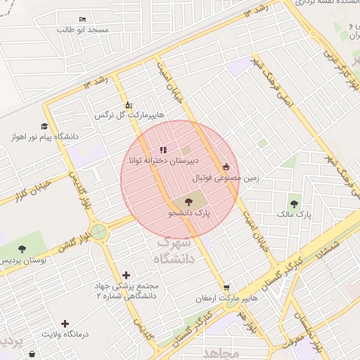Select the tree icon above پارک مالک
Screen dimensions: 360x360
tap(294, 204)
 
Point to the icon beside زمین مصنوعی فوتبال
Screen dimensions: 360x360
tap(226, 167)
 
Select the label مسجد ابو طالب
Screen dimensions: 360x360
tap(84, 30)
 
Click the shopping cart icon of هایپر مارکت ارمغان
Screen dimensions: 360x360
tap(226, 288)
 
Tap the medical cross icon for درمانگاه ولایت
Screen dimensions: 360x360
tap(65, 323)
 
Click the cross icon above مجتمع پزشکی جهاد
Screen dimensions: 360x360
tap(126, 275)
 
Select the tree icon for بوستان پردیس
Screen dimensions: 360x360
tap(22, 249)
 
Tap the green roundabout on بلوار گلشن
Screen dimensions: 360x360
tap(98, 231)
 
